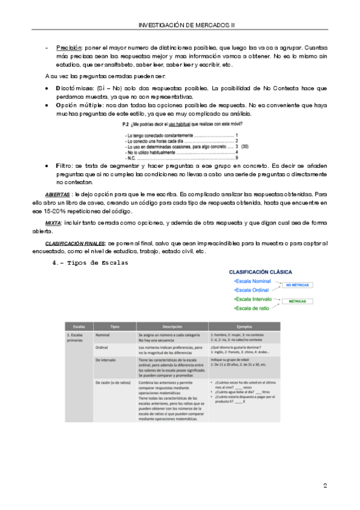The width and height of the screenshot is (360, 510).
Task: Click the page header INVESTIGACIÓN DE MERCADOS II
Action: [187, 25]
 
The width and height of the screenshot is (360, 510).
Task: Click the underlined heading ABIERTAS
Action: [57, 194]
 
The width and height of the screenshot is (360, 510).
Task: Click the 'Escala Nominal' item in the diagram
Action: [254, 281]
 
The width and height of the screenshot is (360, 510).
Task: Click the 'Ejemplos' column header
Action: [245, 326]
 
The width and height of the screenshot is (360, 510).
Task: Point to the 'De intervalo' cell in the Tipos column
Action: [106, 360]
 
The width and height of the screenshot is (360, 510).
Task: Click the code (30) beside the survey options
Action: [245, 146]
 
